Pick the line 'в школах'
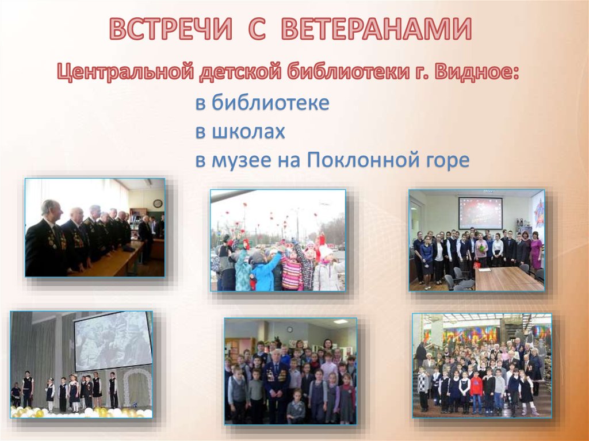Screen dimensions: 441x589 [x=240, y=132]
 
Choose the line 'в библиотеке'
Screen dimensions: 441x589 [x=262, y=103]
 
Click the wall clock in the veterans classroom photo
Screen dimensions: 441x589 [x=157, y=203]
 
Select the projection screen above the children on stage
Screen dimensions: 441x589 [x=113, y=340]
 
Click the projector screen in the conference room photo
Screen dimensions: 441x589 [x=480, y=213]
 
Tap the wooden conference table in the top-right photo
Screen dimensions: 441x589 [x=506, y=279]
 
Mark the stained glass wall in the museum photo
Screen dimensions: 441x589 [x=460, y=333]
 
